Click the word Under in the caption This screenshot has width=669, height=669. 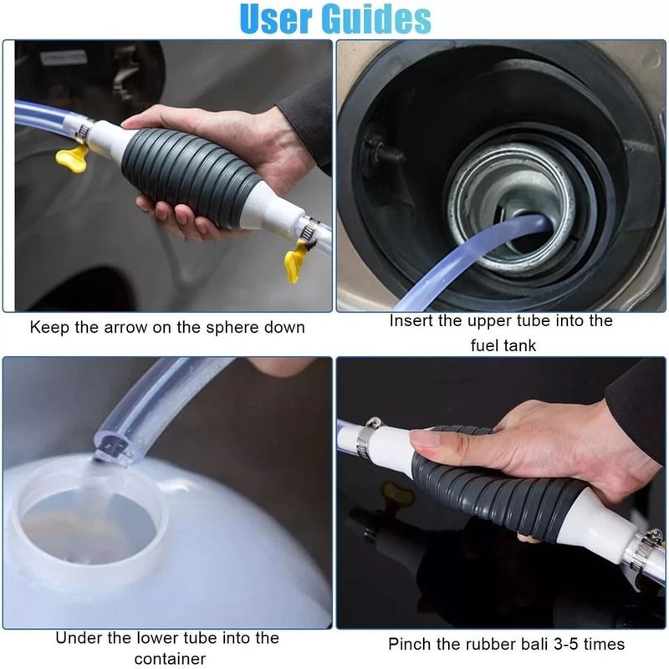(x=79, y=638)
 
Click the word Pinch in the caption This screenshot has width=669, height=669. (x=411, y=644)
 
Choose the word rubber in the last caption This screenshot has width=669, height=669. (x=490, y=644)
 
